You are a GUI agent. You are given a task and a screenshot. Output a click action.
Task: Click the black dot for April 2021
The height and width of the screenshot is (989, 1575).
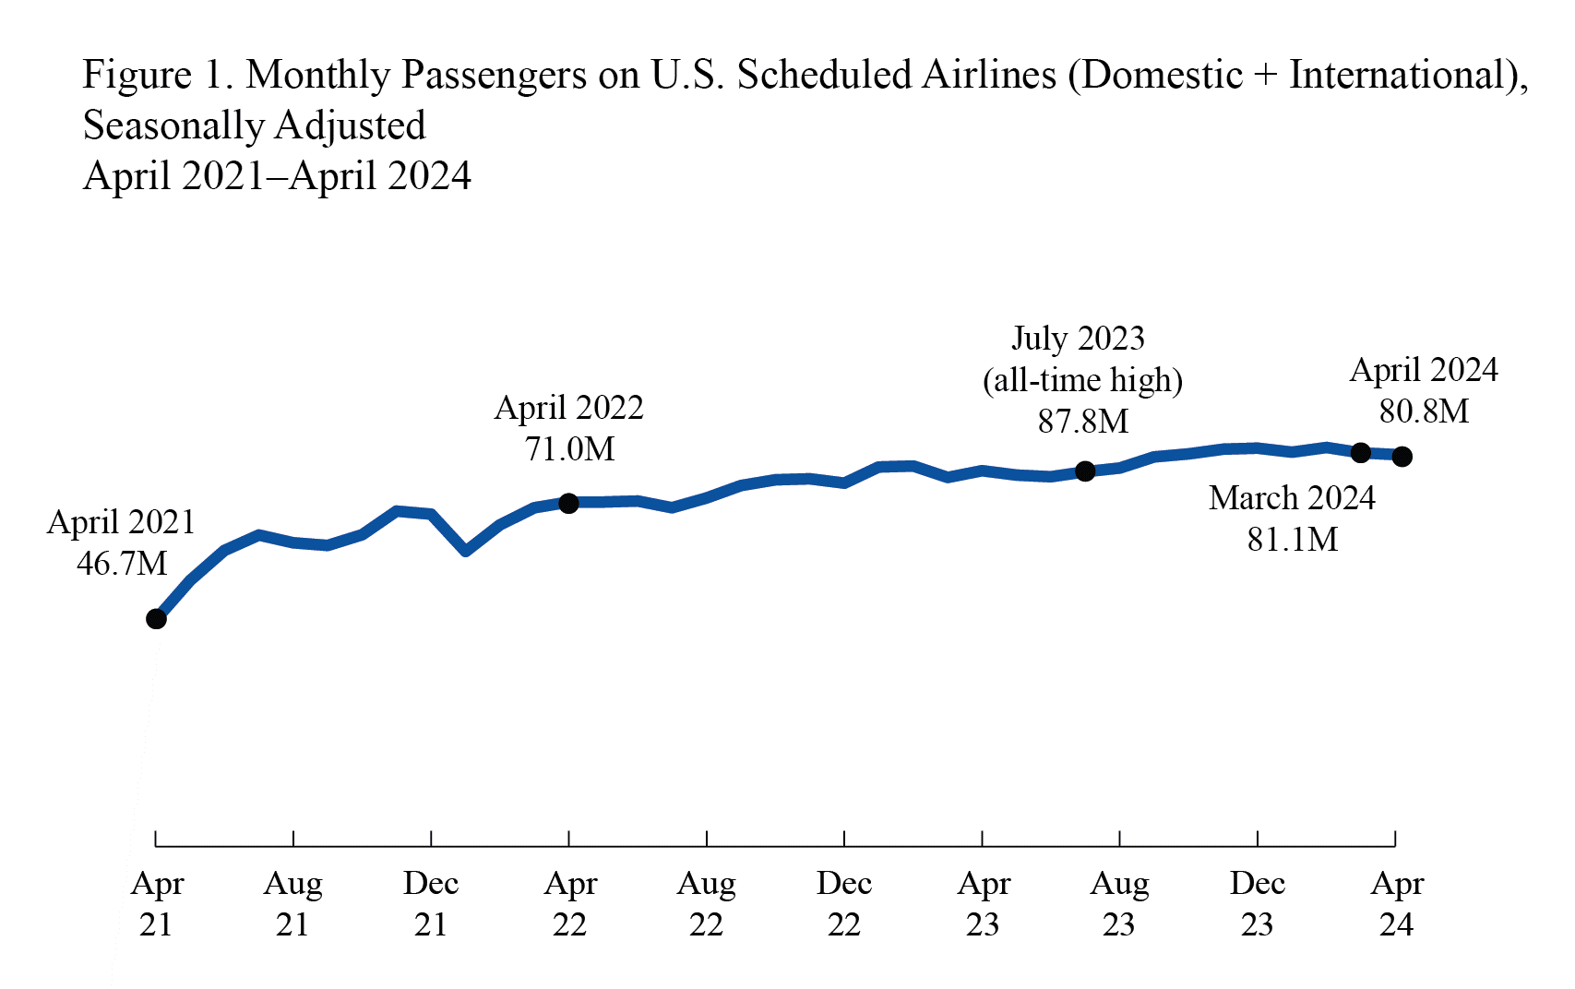pos(156,619)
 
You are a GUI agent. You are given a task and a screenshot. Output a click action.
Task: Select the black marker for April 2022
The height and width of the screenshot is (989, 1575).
pos(569,503)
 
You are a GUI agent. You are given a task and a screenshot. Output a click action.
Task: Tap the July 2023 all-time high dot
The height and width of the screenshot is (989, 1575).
pos(1085,471)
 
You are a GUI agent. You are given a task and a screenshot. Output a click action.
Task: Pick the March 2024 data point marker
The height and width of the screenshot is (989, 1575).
pos(1360,452)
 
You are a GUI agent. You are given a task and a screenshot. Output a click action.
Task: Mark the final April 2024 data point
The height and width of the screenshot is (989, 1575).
pos(1402,456)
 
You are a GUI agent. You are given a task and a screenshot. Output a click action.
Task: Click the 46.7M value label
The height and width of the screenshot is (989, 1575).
pos(122,563)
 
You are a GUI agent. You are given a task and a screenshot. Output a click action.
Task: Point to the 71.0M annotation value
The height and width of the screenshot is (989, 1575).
pos(569,449)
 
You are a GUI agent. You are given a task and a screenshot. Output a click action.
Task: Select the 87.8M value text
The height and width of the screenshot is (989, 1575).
pos(1083,422)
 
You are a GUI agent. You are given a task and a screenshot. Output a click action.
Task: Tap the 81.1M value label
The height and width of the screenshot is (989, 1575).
pos(1292,540)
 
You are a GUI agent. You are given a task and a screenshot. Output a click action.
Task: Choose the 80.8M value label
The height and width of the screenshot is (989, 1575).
pos(1424,411)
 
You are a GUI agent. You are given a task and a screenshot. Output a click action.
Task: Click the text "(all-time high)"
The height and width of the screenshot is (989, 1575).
pos(1082,380)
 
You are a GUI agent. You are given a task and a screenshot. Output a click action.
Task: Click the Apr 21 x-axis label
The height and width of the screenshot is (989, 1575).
pos(156,904)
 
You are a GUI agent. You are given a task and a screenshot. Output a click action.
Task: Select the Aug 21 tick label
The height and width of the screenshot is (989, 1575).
pos(292,904)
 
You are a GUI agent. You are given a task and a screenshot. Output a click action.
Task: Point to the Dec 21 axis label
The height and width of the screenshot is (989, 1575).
pos(431,904)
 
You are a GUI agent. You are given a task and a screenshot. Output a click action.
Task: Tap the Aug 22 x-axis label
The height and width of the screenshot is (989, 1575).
pos(706,904)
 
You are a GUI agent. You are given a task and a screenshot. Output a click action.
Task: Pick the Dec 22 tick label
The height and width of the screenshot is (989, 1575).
pos(843,904)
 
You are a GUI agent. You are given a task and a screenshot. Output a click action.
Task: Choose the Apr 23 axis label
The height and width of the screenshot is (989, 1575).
pos(983,904)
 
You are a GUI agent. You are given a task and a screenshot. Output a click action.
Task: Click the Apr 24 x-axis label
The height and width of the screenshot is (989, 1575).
pos(1396,904)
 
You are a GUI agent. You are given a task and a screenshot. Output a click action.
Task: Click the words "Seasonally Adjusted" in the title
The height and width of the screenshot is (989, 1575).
pos(255,126)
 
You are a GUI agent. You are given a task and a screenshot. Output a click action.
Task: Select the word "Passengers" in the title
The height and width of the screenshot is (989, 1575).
pos(494,76)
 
